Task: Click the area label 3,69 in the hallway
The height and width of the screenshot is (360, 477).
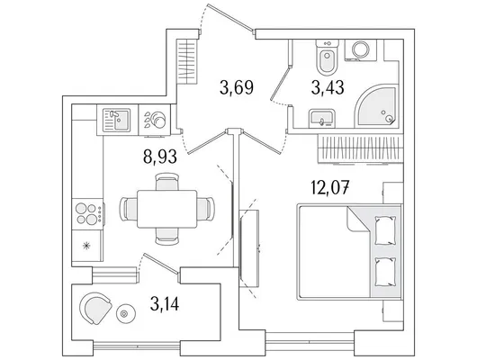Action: [x=237, y=87]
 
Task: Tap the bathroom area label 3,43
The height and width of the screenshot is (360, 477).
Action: [x=328, y=87]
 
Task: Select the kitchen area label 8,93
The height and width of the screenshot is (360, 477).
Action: [x=160, y=157]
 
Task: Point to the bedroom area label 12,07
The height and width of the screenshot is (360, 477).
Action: [x=329, y=188]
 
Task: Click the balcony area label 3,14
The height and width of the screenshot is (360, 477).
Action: [x=165, y=303]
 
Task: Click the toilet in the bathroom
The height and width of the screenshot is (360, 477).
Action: [x=327, y=57]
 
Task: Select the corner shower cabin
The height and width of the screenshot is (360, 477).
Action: [x=376, y=107]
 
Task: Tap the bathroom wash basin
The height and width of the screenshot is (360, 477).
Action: [x=322, y=119]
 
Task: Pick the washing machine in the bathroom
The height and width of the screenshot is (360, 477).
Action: [x=361, y=49]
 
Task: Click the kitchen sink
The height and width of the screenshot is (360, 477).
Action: [x=116, y=120]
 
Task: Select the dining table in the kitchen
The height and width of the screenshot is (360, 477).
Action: [x=167, y=209]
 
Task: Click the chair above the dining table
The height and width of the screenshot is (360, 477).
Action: [x=166, y=182]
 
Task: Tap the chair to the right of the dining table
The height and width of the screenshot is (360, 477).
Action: [x=205, y=209]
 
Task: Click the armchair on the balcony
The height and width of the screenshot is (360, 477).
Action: [x=94, y=309]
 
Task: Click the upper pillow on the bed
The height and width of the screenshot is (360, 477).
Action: [x=385, y=230]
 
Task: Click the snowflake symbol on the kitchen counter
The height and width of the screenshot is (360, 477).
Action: [x=87, y=246]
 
